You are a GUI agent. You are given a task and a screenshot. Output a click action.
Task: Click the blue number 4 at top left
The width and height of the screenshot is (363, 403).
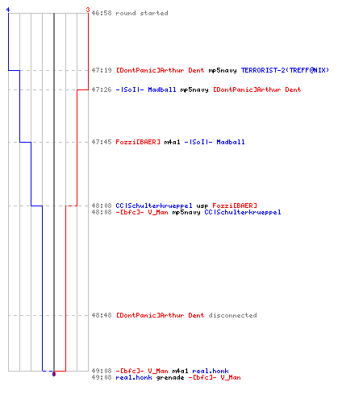8,10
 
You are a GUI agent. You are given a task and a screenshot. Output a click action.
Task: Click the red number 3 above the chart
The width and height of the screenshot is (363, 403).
88,10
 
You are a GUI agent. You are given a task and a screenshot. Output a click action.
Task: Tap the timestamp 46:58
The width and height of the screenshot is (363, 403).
102,13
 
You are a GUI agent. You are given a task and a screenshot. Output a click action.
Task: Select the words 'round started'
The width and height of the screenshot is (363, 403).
142,13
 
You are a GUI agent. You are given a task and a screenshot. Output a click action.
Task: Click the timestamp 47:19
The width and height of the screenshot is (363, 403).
102,70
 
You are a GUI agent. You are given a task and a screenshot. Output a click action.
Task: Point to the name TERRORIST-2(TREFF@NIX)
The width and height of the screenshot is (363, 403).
285,70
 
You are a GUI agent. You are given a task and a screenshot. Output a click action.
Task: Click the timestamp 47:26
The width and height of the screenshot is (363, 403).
102,89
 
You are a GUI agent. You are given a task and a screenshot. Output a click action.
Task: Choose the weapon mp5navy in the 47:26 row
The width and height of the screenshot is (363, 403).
194,90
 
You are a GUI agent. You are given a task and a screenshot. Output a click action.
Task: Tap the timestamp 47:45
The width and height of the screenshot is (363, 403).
102,142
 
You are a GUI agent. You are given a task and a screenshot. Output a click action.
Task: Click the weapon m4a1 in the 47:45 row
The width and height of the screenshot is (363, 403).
172,142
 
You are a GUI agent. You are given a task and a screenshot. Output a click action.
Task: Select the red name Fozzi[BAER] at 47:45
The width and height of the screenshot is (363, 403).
138,142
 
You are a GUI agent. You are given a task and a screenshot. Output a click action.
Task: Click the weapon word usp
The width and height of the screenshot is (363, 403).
202,206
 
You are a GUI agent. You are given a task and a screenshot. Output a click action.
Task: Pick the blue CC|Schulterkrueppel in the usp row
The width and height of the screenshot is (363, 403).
154,206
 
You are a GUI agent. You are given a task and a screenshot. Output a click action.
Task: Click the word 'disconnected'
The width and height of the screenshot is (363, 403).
232,315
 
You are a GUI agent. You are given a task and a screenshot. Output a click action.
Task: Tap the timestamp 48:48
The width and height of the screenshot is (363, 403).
102,315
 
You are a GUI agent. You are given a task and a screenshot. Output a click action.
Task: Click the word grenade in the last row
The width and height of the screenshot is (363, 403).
170,378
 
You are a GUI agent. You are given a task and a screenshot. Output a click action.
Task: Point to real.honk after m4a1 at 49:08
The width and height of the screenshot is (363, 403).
211,372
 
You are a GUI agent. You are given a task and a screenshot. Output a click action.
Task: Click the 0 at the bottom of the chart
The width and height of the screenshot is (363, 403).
54,374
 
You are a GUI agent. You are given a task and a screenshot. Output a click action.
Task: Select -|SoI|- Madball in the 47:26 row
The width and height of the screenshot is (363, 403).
146,89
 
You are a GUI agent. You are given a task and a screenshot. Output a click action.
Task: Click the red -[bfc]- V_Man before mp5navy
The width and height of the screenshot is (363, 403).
142,213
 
